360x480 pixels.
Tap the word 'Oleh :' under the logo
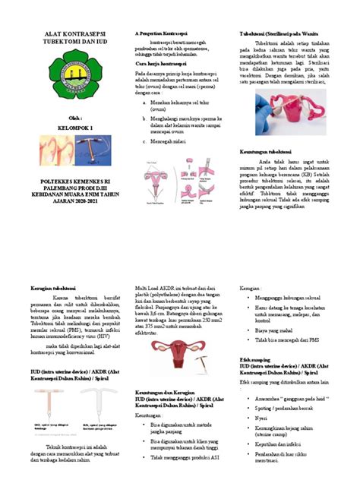[x=60, y=118]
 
